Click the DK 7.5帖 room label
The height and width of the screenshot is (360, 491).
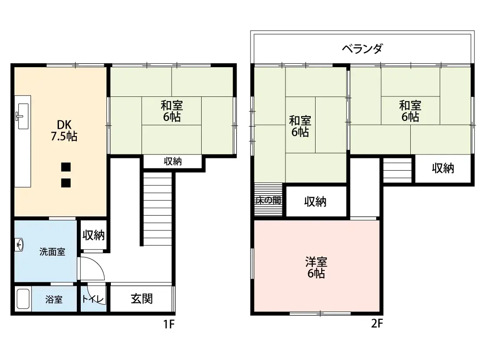tap(64, 130)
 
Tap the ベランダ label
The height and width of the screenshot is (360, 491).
tap(362, 49)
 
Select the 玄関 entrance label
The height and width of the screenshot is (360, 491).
tap(141, 298)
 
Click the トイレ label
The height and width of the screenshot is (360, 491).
tap(93, 299)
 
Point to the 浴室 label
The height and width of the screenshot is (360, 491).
tap(54, 300)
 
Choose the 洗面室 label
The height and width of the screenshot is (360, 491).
tap(52, 252)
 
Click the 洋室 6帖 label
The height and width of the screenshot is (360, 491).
tap(316, 267)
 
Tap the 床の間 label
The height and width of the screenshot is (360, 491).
tap(268, 200)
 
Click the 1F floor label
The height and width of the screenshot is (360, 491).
tap(169, 324)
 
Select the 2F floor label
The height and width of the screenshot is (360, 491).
tap(377, 323)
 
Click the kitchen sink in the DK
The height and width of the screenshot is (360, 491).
tap(23, 116)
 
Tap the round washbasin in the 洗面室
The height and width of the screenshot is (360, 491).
tap(19, 244)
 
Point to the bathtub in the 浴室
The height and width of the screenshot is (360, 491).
tap(23, 299)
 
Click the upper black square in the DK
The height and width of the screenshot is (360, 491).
tap(66, 167)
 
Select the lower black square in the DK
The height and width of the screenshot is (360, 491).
tap(66, 183)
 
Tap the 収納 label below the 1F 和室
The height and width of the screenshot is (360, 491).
tap(173, 161)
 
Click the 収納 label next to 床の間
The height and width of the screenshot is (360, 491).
tap(315, 202)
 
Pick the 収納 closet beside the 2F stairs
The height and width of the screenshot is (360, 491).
tap(443, 168)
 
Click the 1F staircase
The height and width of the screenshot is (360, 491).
tap(158, 209)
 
